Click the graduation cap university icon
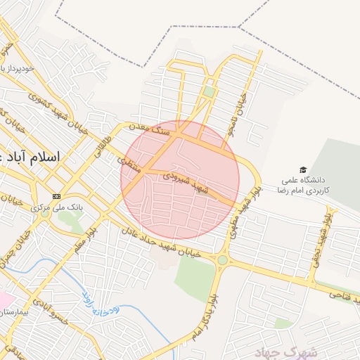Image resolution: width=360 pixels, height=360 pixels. (x=303, y=169)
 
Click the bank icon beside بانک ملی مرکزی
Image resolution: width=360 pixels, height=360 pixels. (x=57, y=196)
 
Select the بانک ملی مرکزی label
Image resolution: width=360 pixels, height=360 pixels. (x=57, y=209)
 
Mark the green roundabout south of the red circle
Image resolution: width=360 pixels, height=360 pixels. (x=222, y=260)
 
